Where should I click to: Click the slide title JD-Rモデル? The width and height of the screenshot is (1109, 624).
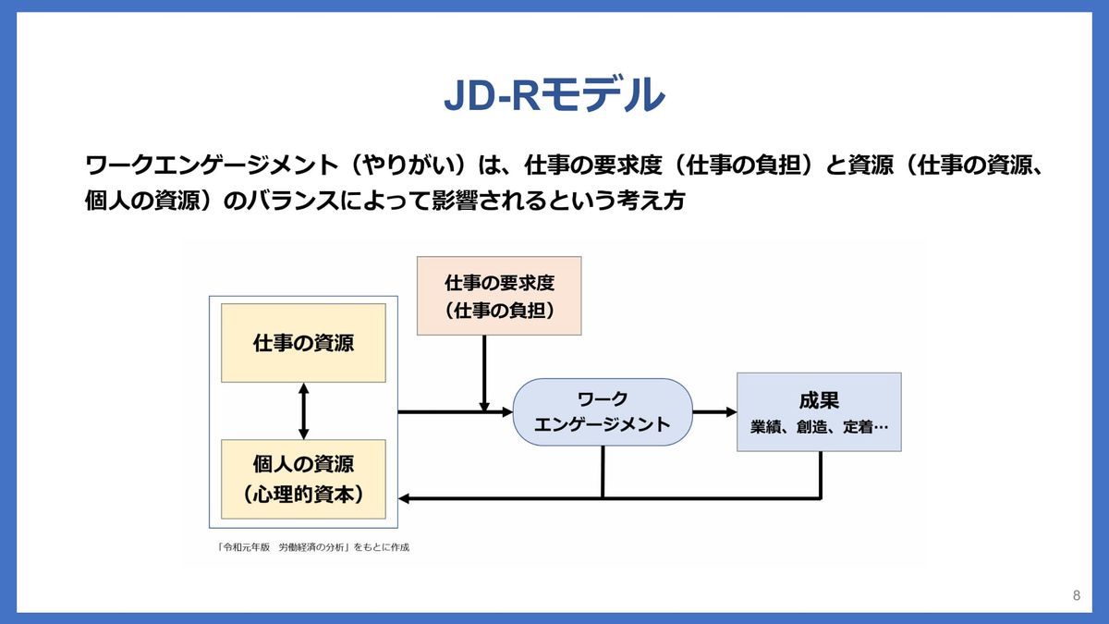pos(554,95)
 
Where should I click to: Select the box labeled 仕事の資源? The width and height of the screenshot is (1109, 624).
pos(304,343)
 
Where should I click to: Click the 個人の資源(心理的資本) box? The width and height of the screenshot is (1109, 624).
pos(304,479)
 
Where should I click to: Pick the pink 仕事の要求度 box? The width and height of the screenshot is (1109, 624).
pos(499,296)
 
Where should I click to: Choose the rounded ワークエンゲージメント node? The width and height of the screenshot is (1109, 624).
pos(603,412)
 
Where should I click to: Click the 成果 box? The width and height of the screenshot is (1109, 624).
pos(819,411)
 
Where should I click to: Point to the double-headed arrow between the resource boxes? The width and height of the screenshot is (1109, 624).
pos(304,411)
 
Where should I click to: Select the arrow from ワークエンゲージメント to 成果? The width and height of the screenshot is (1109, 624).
pos(714,412)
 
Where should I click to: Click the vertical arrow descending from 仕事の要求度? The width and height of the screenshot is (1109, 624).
pos(483,370)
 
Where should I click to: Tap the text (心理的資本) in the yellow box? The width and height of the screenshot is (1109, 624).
pos(304,494)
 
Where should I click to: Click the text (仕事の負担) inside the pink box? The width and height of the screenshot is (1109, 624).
pos(499,311)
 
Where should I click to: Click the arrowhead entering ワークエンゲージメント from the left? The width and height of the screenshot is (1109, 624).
pos(506,412)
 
